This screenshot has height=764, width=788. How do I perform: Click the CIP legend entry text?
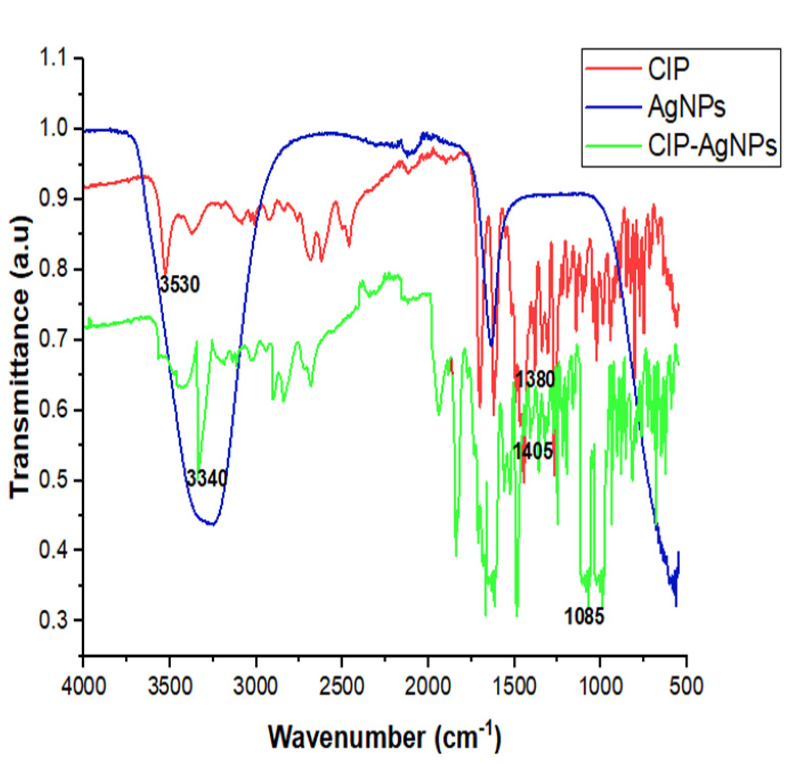coord(668,68)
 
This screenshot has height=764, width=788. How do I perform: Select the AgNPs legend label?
coord(686,107)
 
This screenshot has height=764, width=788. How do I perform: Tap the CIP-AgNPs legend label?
coord(712,146)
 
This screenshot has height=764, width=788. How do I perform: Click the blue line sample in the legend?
coord(613,107)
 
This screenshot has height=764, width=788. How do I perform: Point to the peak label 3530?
coord(179,284)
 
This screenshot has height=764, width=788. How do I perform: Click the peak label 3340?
coord(206,479)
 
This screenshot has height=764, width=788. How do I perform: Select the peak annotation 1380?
coord(535,379)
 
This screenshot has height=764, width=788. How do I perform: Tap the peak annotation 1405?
coord(533,451)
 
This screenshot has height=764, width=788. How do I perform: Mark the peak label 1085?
coord(584,616)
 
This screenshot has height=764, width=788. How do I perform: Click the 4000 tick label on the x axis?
coord(83,685)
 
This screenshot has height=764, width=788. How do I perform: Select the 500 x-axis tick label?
coord(686,685)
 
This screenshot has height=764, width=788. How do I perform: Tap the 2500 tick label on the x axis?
coord(342,685)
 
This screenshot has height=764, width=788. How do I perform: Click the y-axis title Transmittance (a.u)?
coord(20,356)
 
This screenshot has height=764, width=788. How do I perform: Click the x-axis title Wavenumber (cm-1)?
coord(385,737)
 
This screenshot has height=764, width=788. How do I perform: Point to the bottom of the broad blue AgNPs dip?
coord(212,524)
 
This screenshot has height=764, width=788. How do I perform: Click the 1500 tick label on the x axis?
coord(514,685)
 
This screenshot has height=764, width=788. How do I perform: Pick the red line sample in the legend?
coord(613,68)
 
